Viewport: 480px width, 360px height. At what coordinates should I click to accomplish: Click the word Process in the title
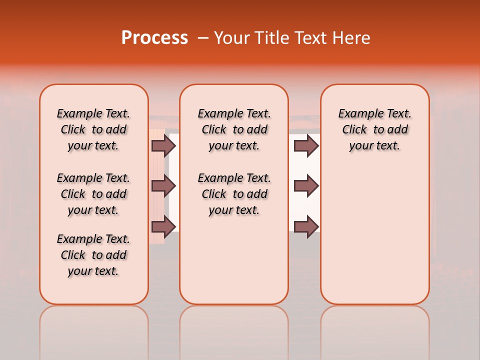[x=154, y=37]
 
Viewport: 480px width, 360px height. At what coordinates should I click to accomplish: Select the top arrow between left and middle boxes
[x=163, y=145]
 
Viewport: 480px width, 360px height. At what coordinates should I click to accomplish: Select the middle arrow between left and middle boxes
[x=163, y=186]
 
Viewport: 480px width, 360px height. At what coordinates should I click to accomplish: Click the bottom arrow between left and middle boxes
[x=163, y=227]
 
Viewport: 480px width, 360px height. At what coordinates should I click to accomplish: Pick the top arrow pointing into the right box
[x=306, y=145]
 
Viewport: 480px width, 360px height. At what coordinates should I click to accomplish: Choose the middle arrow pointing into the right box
[x=306, y=186]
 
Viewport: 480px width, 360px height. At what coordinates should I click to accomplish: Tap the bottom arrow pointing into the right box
[x=306, y=227]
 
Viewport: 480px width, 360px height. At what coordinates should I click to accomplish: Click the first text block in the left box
[x=93, y=129]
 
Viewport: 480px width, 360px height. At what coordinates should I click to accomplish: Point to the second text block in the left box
[x=93, y=194]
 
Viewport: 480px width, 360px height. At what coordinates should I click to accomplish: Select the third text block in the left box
[x=93, y=255]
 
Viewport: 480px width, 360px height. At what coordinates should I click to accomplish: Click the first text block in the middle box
[x=234, y=129]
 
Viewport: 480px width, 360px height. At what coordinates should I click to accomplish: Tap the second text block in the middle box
[x=234, y=194]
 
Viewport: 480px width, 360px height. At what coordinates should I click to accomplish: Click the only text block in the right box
[x=374, y=129]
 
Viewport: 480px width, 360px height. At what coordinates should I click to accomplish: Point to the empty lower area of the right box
[x=374, y=235]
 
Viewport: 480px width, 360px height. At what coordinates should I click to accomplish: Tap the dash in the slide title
[x=203, y=37]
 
